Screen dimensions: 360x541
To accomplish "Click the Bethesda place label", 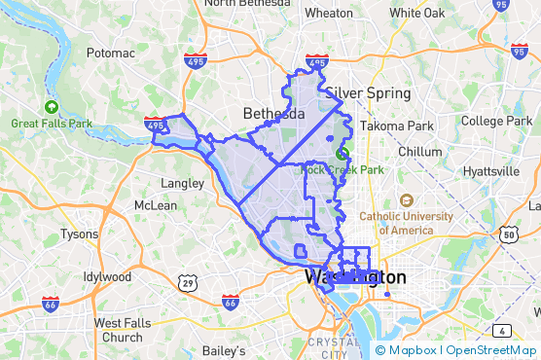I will (x=273, y=113).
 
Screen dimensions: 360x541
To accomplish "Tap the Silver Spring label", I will (x=370, y=93).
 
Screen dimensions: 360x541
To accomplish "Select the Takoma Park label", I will (x=396, y=126).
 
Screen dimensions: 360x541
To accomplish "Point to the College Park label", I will (x=495, y=121).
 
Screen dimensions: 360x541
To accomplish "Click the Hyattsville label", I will (x=492, y=171).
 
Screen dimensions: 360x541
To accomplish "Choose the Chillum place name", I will (x=419, y=152).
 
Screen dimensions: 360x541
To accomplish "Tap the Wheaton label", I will (x=329, y=14).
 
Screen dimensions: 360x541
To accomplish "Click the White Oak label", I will (x=417, y=14).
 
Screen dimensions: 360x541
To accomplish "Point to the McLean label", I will (x=156, y=205).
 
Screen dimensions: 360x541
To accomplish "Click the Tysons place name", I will (x=80, y=234).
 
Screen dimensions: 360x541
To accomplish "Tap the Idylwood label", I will (x=107, y=276).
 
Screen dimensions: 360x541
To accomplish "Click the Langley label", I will (x=180, y=182).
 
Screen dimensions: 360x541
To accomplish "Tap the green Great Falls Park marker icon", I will (x=51, y=107).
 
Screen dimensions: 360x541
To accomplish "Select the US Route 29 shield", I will (x=189, y=282).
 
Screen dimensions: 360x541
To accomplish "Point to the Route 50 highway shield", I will (x=508, y=234).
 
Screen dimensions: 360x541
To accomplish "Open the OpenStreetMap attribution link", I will (x=491, y=350).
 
